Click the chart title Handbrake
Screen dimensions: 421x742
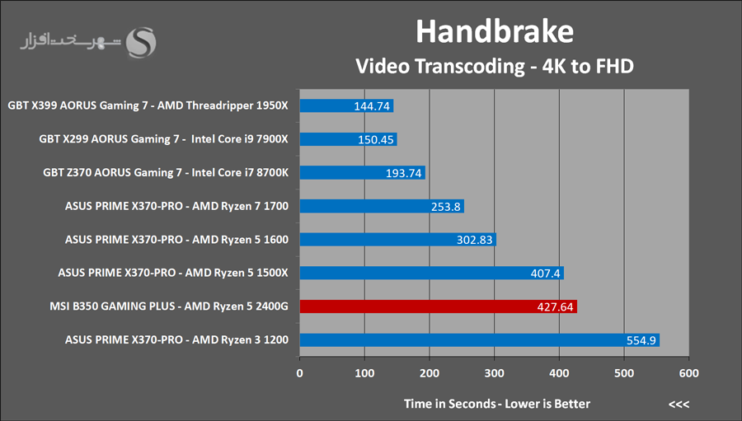tap(494, 31)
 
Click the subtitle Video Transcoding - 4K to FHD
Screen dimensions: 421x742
tap(494, 66)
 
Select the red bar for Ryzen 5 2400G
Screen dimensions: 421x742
tap(438, 306)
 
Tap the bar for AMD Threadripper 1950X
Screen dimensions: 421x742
tap(346, 105)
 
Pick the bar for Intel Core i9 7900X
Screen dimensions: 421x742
tap(348, 139)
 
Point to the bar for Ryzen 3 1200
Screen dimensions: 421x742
tap(479, 340)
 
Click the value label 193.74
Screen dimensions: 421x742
tap(403, 173)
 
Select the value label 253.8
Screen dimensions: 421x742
tap(446, 207)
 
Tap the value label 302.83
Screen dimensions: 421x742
tap(474, 240)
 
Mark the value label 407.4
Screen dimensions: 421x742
tap(544, 274)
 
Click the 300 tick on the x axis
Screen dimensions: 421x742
tap(494, 373)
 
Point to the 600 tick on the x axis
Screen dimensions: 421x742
tap(688, 373)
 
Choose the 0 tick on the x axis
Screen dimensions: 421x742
tap(299, 373)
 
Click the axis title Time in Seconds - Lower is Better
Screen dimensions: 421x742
tap(496, 404)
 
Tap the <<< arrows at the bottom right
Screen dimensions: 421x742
tap(679, 404)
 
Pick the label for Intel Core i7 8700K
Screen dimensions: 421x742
tap(165, 173)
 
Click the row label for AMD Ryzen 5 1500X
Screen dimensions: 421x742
tap(173, 273)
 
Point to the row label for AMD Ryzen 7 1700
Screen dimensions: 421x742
tap(176, 206)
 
